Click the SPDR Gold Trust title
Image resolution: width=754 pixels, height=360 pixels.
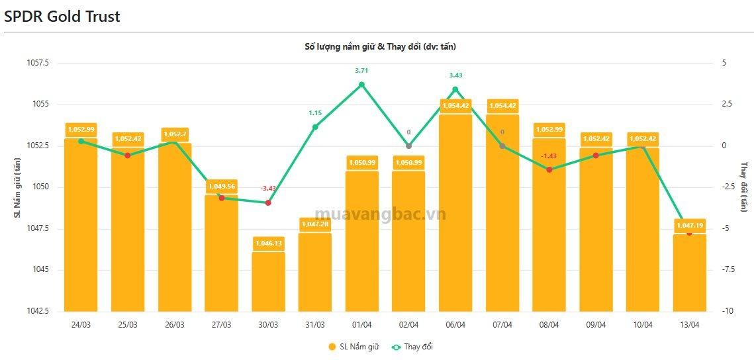[x=62, y=17]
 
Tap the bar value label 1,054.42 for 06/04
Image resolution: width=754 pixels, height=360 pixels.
[x=455, y=105]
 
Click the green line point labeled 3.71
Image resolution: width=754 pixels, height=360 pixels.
[x=361, y=85]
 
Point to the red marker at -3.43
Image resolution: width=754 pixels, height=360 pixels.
[x=268, y=202]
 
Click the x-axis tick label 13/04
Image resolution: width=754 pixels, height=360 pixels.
[x=689, y=324]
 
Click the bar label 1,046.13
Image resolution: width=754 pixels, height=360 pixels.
[x=268, y=244]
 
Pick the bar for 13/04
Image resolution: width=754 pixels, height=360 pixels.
[x=689, y=275]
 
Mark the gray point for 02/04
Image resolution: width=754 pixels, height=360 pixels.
[x=408, y=146]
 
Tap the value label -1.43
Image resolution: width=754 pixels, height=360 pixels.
[x=549, y=156]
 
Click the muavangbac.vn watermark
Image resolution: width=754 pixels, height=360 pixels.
[x=380, y=214]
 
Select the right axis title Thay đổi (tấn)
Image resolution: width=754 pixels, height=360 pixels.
[x=744, y=187]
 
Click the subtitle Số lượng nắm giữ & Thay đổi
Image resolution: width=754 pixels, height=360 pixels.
[x=379, y=46]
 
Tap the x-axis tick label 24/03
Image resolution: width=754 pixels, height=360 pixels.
[x=81, y=324]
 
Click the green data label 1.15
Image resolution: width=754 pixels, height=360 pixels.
[x=315, y=113]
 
